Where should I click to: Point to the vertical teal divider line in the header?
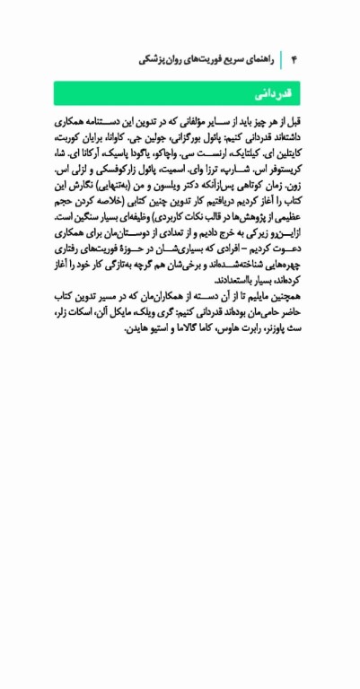[x=281, y=59]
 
